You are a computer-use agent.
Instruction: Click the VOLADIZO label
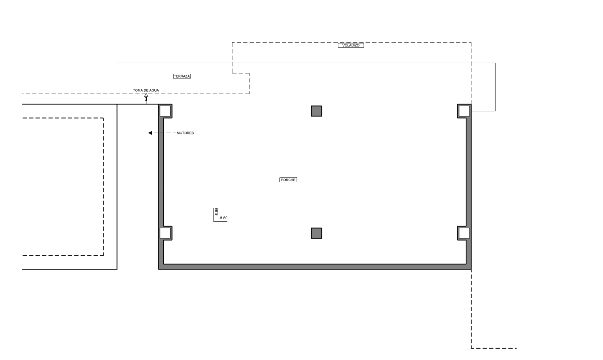(x=351, y=45)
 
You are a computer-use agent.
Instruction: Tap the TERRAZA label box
(x=182, y=76)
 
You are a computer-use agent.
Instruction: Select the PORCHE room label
(x=288, y=180)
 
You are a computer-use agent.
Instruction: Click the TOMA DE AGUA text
(x=146, y=90)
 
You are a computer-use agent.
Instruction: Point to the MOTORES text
(x=185, y=133)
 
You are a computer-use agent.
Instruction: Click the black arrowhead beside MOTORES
(x=150, y=133)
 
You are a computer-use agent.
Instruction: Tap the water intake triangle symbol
(x=146, y=95)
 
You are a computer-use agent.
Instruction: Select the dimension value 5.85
(x=217, y=212)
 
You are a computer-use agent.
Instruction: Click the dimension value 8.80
(x=224, y=218)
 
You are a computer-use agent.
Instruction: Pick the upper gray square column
(x=316, y=111)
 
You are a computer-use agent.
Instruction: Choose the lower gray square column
(x=316, y=233)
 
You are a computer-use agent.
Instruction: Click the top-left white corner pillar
(x=165, y=111)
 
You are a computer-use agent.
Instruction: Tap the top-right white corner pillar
(x=464, y=111)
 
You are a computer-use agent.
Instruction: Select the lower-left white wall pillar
(x=165, y=233)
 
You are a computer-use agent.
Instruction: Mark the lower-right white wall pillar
(x=464, y=233)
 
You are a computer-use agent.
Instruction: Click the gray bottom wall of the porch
(x=315, y=267)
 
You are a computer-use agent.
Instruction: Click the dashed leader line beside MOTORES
(x=165, y=133)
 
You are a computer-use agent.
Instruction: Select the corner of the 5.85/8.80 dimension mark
(x=214, y=222)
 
